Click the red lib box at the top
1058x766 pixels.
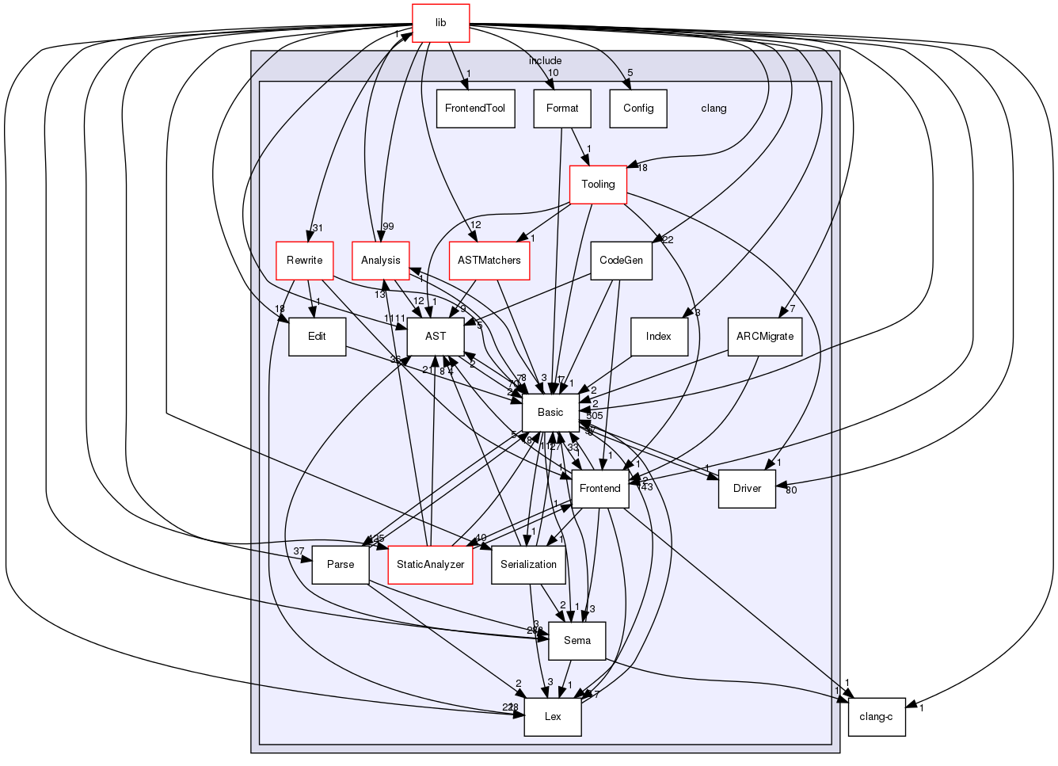[440, 23]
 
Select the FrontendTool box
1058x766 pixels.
[475, 109]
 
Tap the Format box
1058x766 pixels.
[562, 109]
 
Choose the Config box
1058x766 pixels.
[638, 109]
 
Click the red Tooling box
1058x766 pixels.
[598, 185]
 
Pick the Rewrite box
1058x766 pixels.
[304, 261]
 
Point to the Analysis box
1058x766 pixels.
[380, 261]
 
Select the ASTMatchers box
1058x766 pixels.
[489, 261]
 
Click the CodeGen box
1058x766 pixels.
[622, 261]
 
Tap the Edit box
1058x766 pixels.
[317, 337]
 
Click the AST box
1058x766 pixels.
[436, 337]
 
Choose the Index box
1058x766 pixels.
[658, 337]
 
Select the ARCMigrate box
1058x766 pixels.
[764, 337]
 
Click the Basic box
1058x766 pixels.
[550, 413]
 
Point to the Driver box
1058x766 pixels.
[747, 489]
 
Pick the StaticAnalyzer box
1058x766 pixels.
[430, 565]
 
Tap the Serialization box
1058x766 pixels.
[529, 565]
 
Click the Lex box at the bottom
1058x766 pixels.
[553, 717]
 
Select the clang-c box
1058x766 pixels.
[876, 717]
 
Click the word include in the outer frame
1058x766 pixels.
[545, 61]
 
